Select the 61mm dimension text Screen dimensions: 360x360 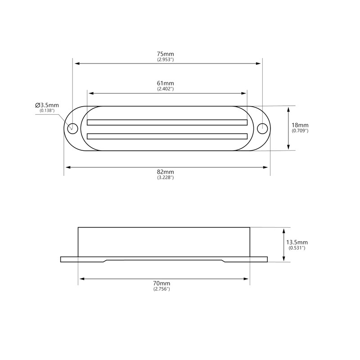tap(166, 83)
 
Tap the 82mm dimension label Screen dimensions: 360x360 tap(166, 172)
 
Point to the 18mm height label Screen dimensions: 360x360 tap(300, 125)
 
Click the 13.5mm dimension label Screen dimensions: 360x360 tap(297, 242)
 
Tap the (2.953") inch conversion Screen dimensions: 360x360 tap(166, 59)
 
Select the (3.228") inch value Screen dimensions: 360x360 tap(166, 178)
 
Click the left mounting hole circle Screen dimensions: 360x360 tap(71, 128)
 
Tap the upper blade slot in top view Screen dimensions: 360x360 tap(167, 122)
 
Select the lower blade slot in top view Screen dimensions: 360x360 tap(167, 135)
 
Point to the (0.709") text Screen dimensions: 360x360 tap(300, 130)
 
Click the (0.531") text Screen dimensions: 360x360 tap(297, 247)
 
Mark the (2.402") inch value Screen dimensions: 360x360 tap(166, 89)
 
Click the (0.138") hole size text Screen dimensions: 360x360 tap(47, 111)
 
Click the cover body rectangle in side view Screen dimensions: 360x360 tap(164, 242)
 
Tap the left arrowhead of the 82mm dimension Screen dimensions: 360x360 tap(67, 167)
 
